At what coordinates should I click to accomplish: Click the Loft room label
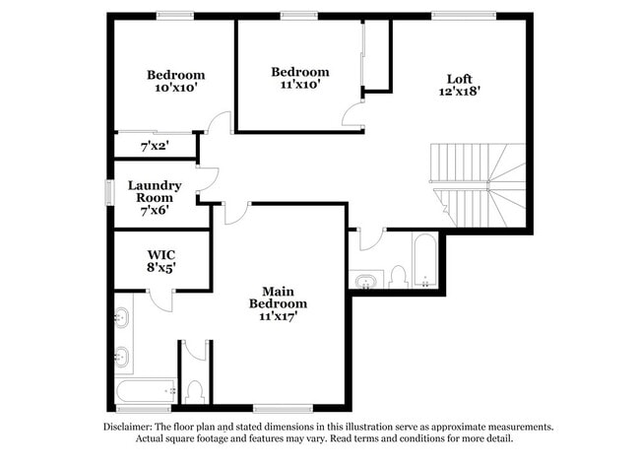pos(459,79)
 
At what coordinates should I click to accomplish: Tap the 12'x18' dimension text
pos(459,92)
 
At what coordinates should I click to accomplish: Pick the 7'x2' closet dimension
pos(156,146)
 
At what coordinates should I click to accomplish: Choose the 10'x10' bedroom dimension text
pos(176,88)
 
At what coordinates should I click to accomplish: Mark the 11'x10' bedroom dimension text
pos(300,85)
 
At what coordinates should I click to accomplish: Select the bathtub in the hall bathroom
pos(424,261)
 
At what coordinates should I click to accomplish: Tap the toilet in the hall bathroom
pos(398,276)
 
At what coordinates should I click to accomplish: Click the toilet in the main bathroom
pos(194,392)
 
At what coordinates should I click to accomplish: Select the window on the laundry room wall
pos(109,192)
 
